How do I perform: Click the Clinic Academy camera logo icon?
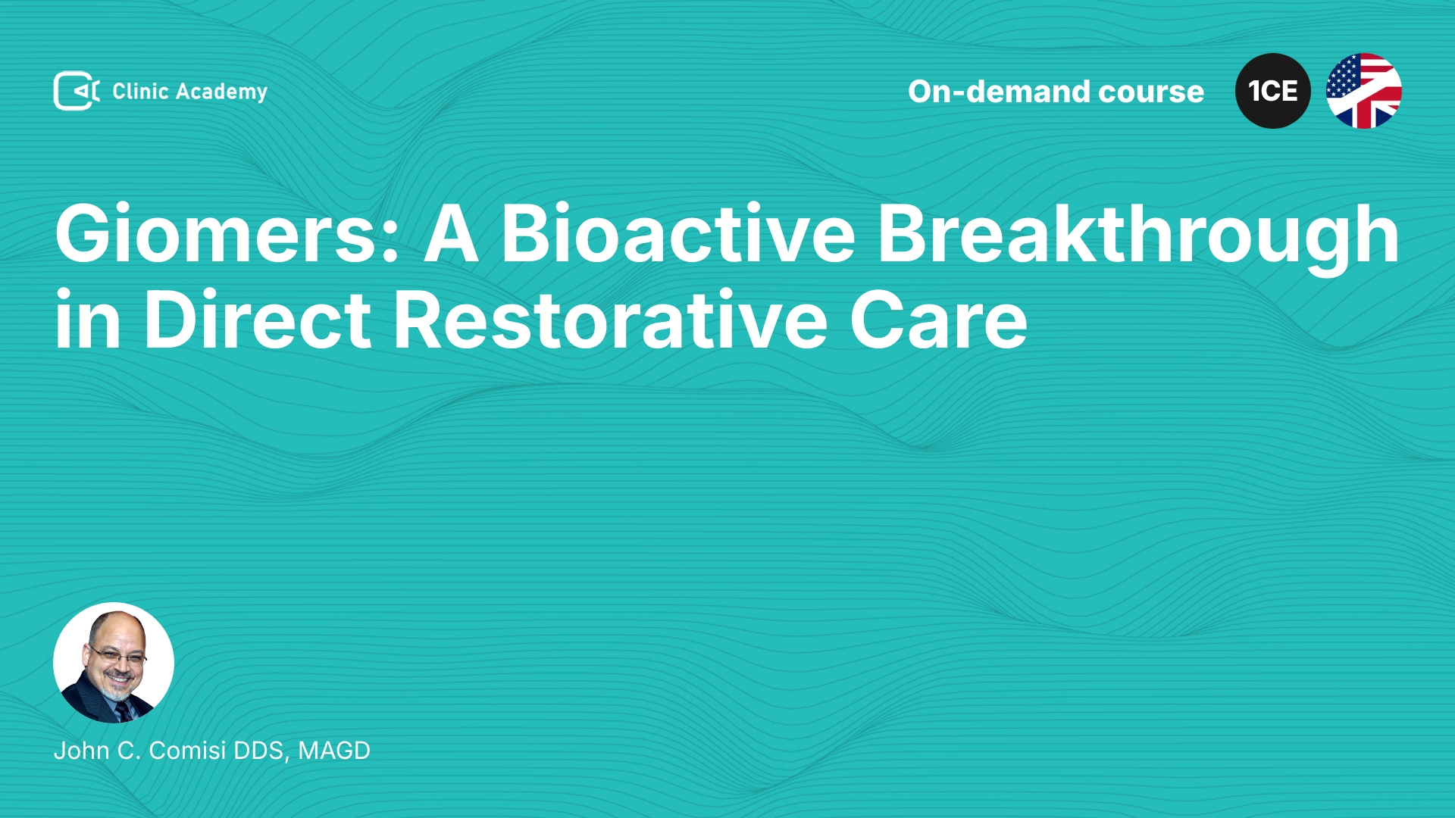pos(77,91)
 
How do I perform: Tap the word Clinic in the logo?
pos(140,91)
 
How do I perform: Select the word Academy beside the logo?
pos(221,92)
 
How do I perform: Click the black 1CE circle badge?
pos(1273,91)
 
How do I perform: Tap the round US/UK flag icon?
pos(1364,91)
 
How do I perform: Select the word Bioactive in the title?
pos(677,234)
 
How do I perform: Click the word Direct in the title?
pos(258,321)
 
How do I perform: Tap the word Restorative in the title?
pos(611,321)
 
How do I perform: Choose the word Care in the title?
pos(938,321)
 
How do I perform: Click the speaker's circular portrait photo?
pos(114,663)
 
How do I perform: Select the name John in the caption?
pos(81,751)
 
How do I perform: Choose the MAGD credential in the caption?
pos(334,751)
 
